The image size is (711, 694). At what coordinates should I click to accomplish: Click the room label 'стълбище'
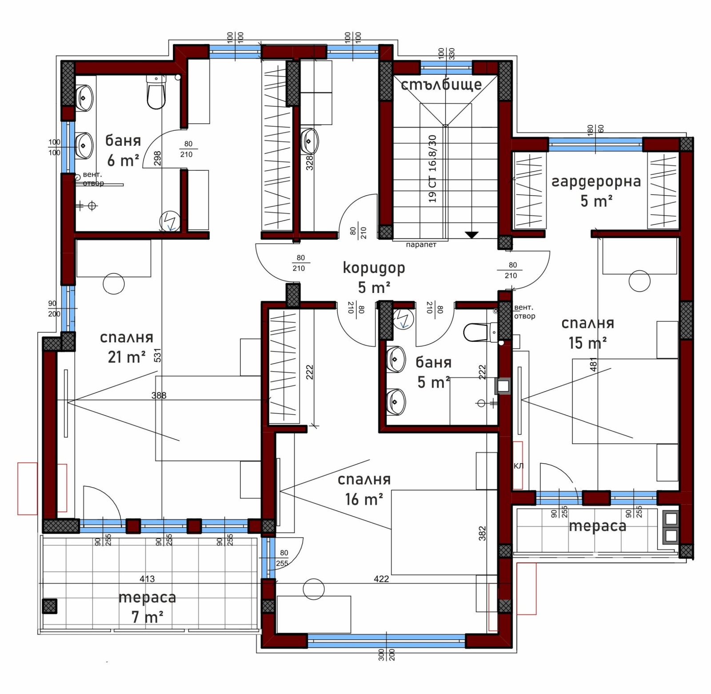(x=441, y=84)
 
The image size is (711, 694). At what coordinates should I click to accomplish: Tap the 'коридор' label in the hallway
(x=374, y=268)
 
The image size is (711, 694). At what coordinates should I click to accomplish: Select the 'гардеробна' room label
(x=596, y=181)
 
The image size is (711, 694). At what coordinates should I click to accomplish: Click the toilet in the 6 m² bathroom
(x=156, y=92)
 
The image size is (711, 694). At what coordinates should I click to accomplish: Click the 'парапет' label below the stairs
(x=421, y=245)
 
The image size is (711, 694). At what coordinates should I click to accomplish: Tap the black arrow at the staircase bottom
(x=471, y=235)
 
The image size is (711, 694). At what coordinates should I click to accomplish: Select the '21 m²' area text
(x=127, y=357)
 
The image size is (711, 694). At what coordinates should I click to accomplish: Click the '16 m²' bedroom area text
(x=364, y=499)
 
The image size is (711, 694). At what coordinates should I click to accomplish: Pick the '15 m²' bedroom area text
(x=587, y=343)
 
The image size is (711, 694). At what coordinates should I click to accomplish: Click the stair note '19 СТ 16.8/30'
(x=432, y=169)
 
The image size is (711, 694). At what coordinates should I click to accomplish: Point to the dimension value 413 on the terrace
(x=147, y=579)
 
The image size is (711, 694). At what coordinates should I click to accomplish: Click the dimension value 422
(x=381, y=579)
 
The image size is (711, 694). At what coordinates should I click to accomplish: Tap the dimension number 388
(x=159, y=395)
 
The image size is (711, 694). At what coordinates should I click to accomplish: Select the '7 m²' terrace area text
(x=147, y=617)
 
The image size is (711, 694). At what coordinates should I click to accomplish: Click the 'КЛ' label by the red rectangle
(x=519, y=466)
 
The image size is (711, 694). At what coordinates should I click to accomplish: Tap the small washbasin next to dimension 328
(x=309, y=140)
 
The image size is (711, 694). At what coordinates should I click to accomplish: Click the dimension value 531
(x=157, y=355)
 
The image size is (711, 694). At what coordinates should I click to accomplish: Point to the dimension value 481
(x=593, y=365)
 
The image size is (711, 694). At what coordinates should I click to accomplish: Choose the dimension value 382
(x=483, y=534)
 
